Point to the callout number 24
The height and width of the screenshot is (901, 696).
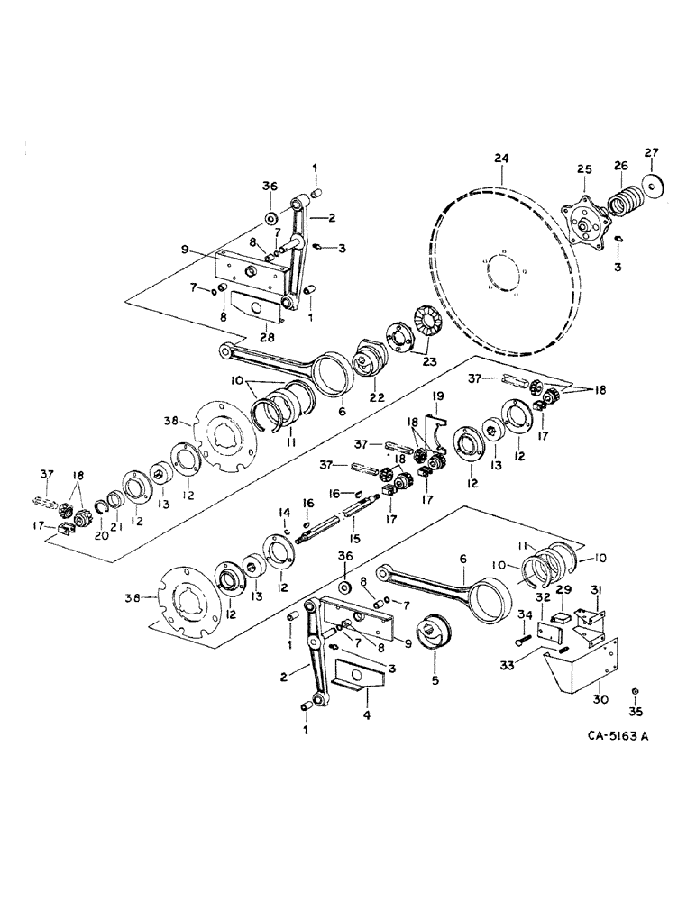[x=502, y=159]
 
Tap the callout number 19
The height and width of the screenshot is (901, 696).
[x=437, y=397]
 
